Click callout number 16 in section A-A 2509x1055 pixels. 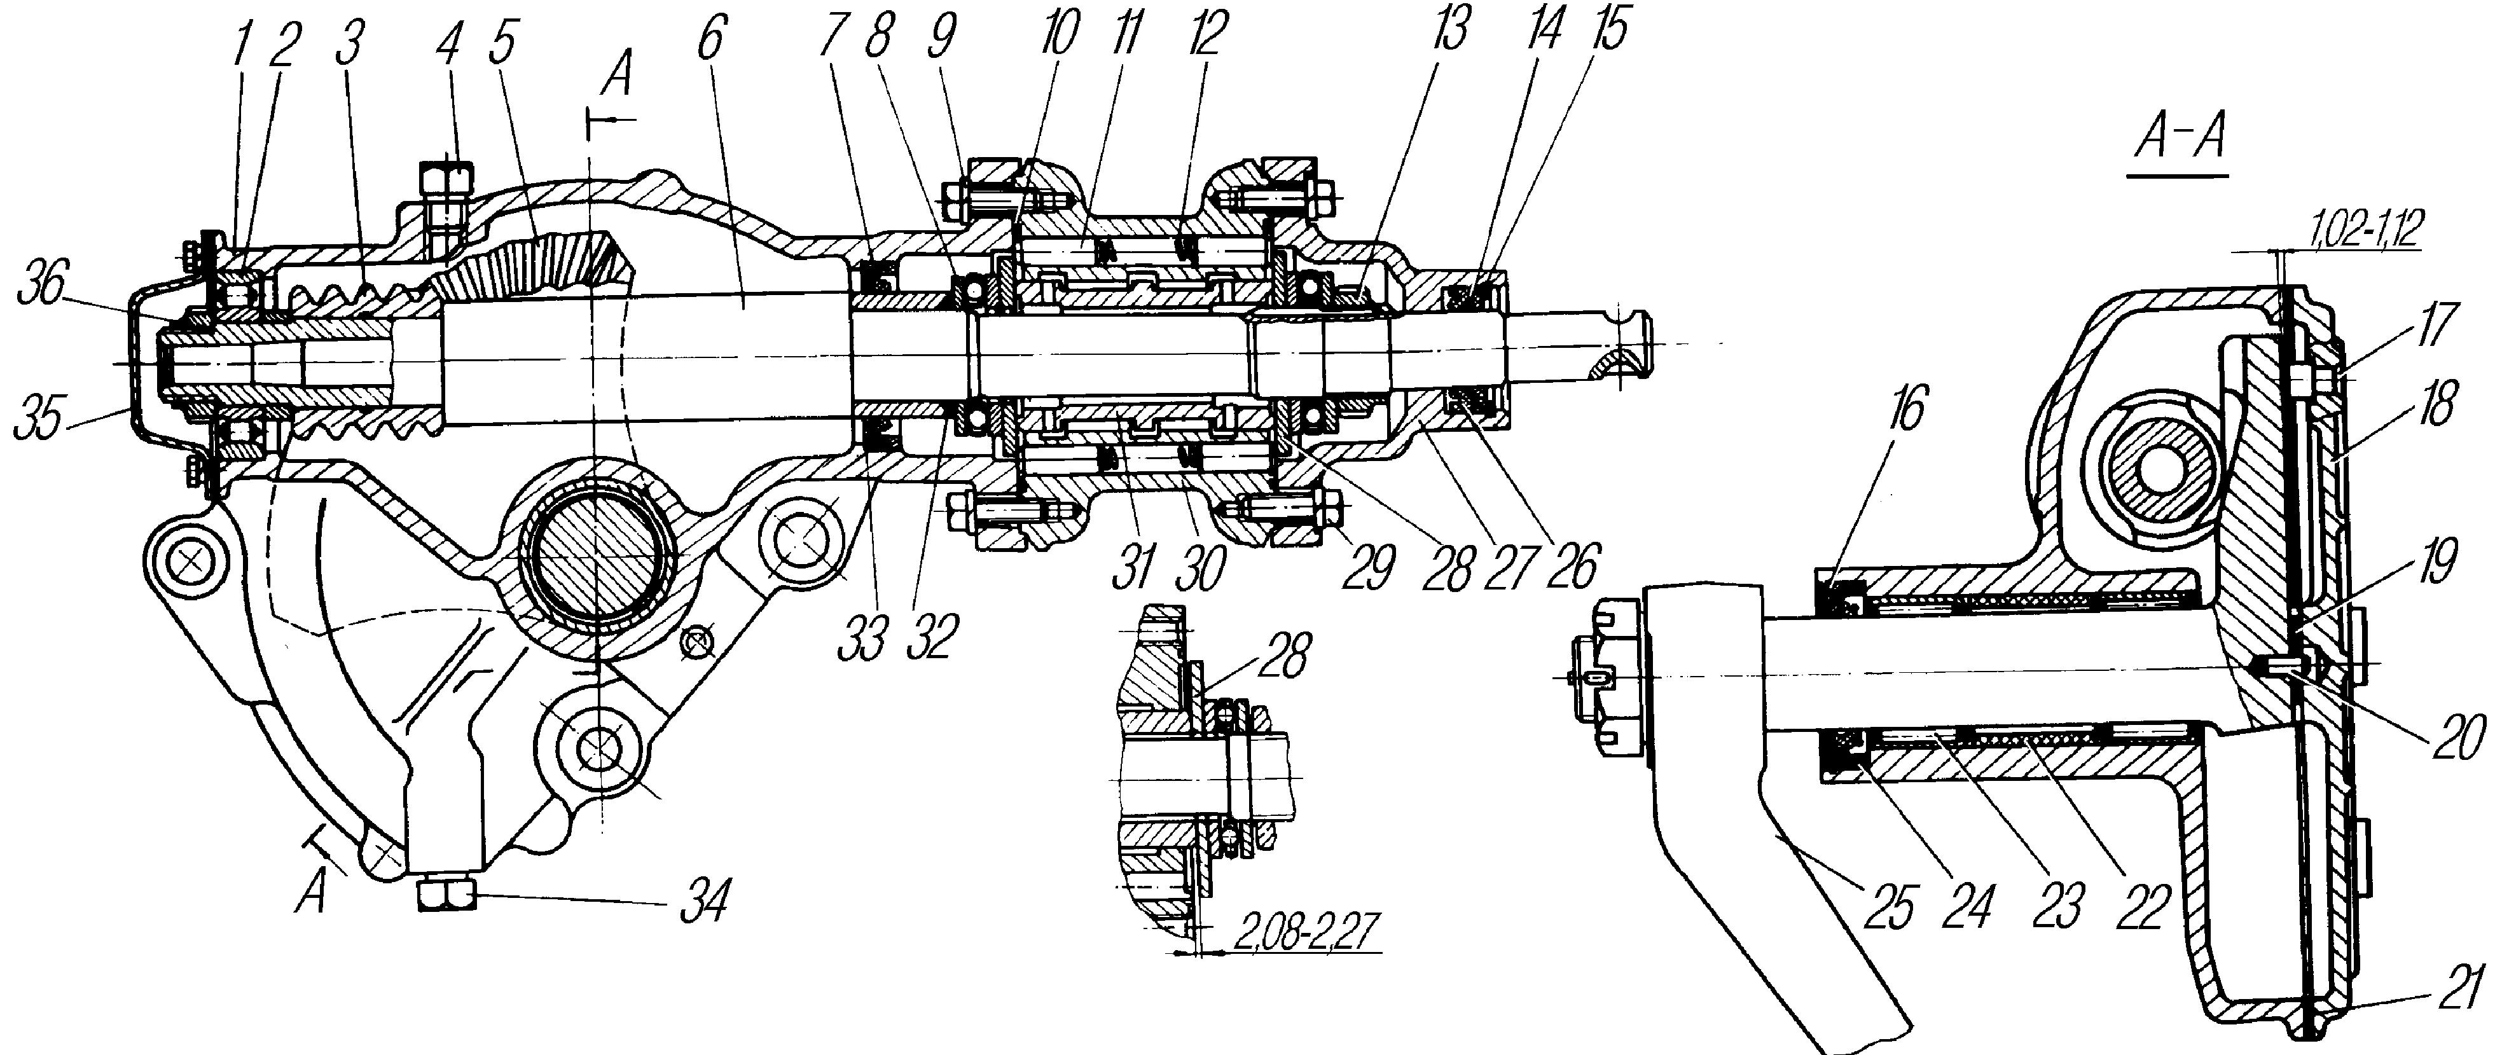tap(1906, 409)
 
